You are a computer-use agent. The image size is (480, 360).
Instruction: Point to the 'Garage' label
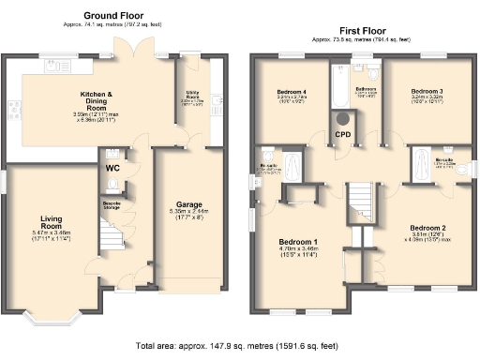pyautogui.click(x=188, y=204)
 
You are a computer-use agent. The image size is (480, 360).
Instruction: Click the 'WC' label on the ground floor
pyautogui.click(x=112, y=169)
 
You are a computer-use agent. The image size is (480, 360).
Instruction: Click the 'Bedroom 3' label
pyautogui.click(x=427, y=91)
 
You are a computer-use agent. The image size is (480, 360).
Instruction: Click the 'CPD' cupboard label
pyautogui.click(x=344, y=135)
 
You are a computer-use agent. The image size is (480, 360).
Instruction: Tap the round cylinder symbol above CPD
pyautogui.click(x=344, y=118)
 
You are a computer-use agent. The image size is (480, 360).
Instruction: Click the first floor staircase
pyautogui.click(x=362, y=202)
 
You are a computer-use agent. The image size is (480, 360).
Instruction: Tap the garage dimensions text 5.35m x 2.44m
pyautogui.click(x=188, y=212)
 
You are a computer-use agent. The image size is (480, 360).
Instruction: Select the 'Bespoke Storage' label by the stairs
pyautogui.click(x=110, y=205)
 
